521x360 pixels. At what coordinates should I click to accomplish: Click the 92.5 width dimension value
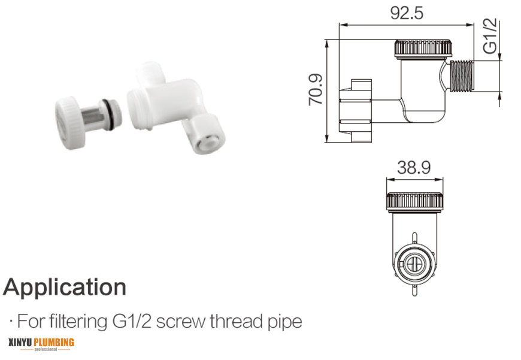(x=407, y=13)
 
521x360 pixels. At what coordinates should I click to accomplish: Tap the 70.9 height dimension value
(x=316, y=89)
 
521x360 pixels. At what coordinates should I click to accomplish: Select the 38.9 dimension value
(x=414, y=167)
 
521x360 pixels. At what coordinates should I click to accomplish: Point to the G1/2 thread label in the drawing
(x=490, y=36)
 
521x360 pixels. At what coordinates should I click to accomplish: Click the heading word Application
(x=65, y=287)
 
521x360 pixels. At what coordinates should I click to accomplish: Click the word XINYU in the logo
(x=20, y=343)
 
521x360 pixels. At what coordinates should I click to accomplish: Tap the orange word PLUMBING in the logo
(x=54, y=343)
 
